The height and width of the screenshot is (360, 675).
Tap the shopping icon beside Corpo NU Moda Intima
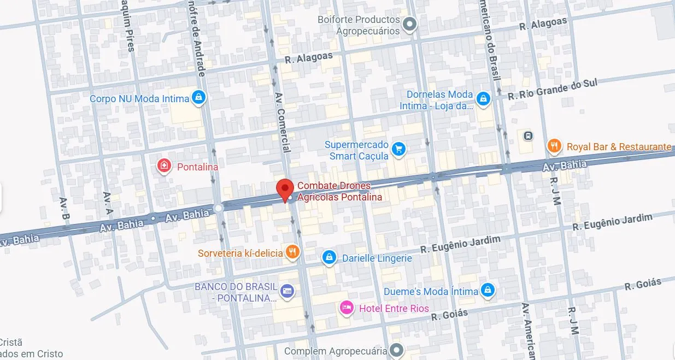198,98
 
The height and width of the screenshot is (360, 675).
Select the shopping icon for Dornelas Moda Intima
483,99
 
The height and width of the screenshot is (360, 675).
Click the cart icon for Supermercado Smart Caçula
399,149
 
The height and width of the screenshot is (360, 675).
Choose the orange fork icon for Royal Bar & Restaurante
555,146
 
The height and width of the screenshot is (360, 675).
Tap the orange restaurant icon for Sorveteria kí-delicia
293,252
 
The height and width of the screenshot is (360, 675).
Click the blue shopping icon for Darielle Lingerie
328,257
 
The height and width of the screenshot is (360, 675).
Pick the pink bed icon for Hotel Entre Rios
347,309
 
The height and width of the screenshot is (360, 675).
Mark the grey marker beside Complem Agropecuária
398,350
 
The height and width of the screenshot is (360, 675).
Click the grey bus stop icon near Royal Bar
527,135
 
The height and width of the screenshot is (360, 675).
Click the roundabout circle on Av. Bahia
219,208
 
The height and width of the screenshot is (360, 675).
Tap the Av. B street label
66,209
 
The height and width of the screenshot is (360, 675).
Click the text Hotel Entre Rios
394,309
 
